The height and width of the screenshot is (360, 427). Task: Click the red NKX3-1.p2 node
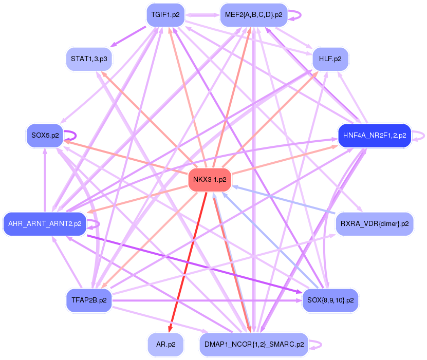pos(210,179)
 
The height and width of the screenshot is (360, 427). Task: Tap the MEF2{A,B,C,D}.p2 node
pos(253,14)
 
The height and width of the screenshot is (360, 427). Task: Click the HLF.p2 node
pos(330,59)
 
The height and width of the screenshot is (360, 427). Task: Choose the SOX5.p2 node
pos(45,136)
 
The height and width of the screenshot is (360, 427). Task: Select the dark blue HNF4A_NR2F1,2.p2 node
pos(374,136)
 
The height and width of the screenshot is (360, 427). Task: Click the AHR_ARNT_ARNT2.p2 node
pos(45,224)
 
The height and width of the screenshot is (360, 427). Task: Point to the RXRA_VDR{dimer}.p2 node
pos(374,224)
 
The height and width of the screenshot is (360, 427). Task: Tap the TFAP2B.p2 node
pos(89,300)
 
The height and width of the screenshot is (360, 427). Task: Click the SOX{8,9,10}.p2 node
pos(330,300)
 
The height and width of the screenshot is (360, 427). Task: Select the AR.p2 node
pos(165,345)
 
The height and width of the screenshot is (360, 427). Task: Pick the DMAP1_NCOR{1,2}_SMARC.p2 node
pos(253,345)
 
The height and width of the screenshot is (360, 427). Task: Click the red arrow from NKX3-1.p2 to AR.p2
pos(188,262)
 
